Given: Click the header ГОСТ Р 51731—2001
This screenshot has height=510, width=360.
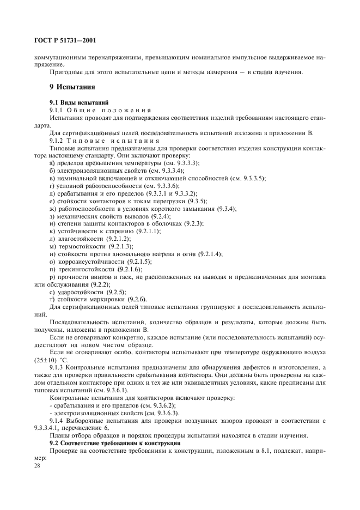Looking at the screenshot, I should pyautogui.click(x=65, y=39).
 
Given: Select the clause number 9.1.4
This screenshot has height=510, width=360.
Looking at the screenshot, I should pyautogui.click(x=58, y=421).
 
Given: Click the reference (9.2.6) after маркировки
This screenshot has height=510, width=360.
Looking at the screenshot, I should pyautogui.click(x=137, y=300).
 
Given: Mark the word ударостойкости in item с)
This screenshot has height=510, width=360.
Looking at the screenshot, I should pyautogui.click(x=80, y=292).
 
